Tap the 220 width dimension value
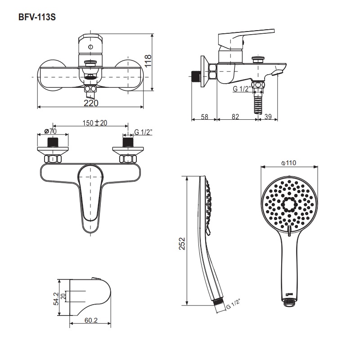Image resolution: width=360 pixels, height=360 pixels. tap(91, 103)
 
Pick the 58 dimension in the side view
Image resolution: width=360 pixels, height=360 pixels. tap(204, 117)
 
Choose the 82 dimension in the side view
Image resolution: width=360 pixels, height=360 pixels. tap(235, 117)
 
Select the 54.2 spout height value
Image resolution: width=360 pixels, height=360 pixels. tap(56, 298)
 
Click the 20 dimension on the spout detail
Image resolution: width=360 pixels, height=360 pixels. tap(63, 296)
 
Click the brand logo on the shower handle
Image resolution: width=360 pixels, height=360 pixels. tap(289, 295)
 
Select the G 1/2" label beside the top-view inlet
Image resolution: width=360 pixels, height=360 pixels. tap(144, 131)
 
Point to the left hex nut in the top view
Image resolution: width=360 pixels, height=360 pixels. tap(53, 159)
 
